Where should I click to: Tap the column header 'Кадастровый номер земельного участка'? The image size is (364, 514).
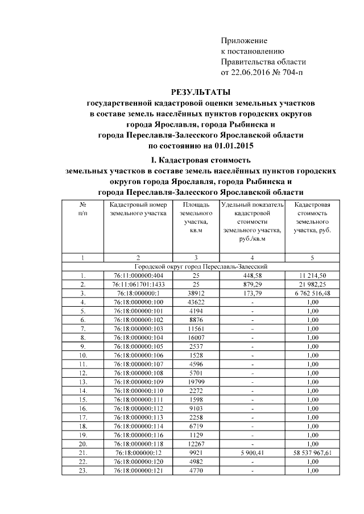click(138, 209)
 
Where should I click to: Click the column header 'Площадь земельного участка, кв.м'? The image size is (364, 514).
click(195, 218)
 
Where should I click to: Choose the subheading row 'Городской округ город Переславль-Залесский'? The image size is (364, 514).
click(201, 266)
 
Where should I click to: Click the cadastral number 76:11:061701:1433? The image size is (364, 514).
click(138, 283)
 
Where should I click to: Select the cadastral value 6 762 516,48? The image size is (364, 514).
click(312, 292)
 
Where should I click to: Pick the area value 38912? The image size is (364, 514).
click(195, 292)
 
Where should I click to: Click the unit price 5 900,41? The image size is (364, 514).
click(251, 453)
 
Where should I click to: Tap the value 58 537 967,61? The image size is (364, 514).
click(312, 453)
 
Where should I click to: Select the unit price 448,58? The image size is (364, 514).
click(251, 275)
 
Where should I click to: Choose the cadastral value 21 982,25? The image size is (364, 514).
click(312, 283)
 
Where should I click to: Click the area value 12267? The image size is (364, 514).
click(195, 444)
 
